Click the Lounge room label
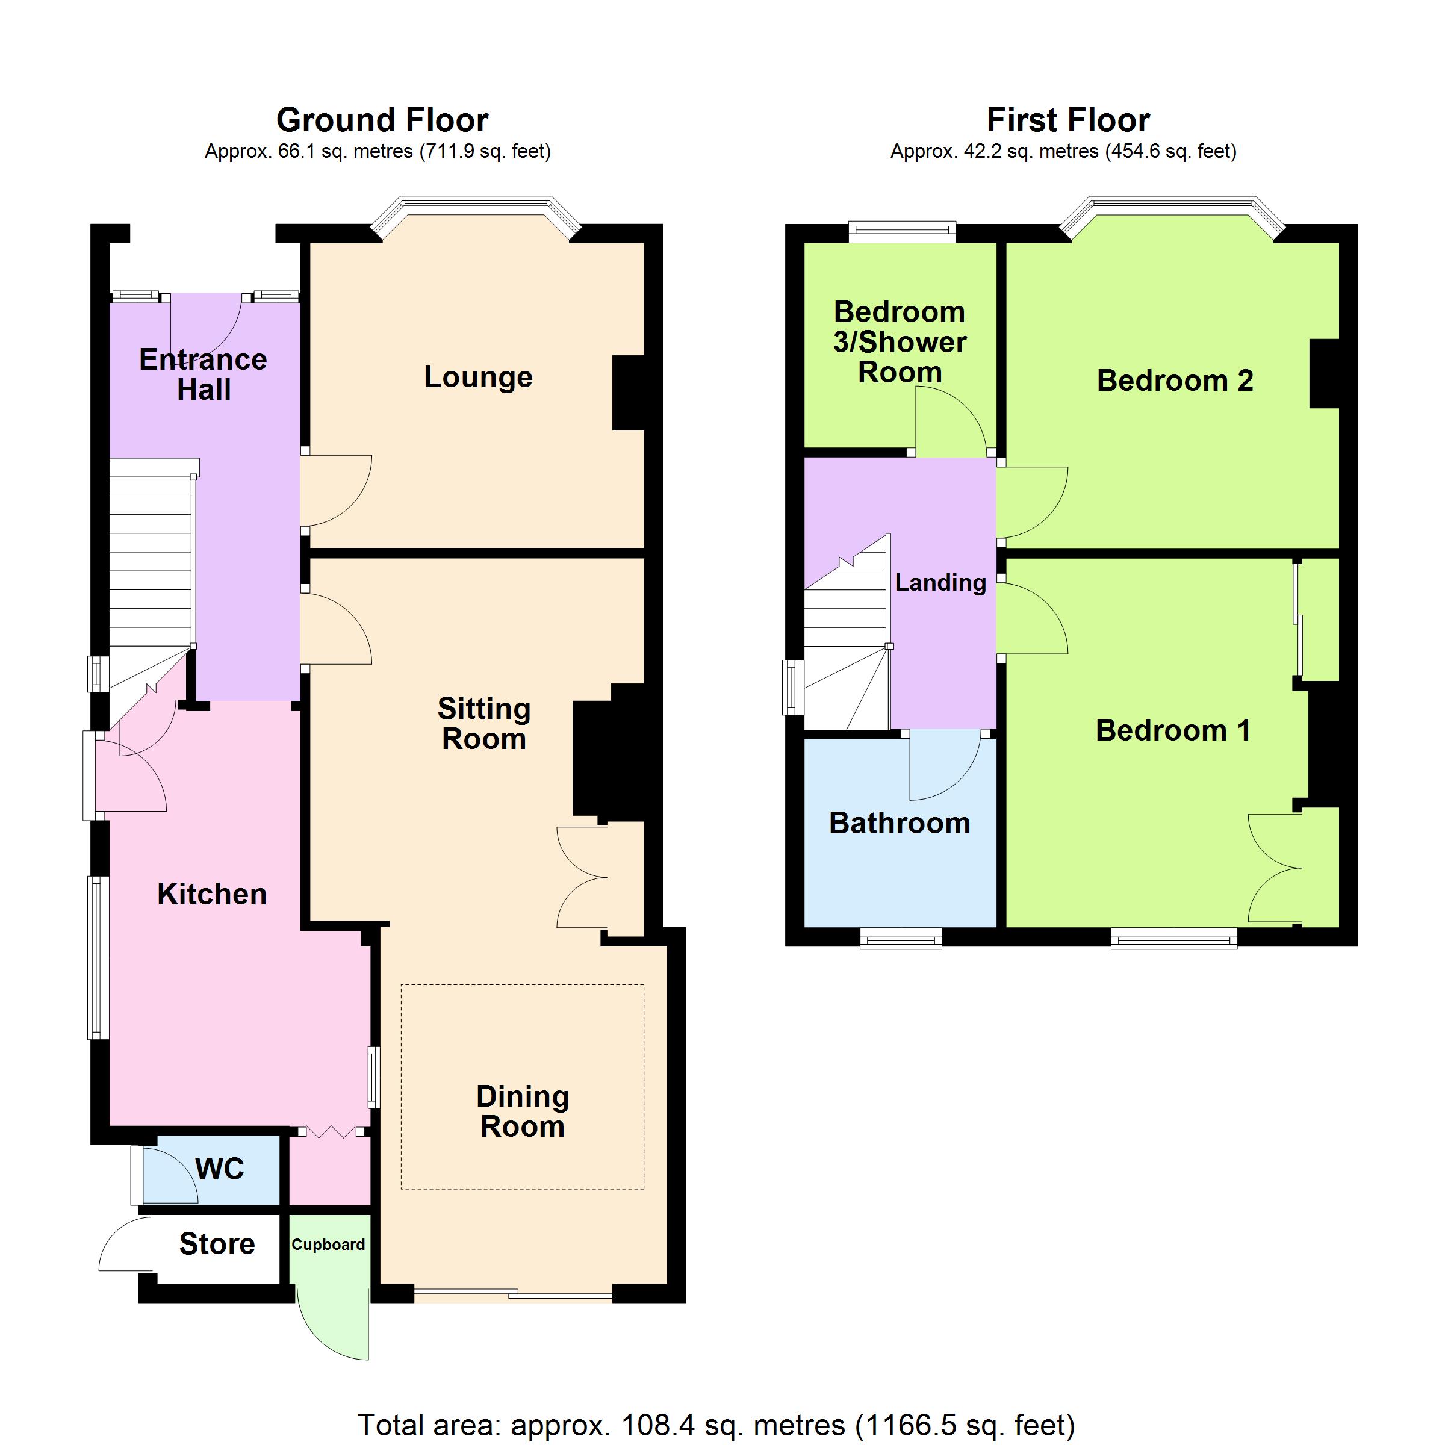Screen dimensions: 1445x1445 (x=478, y=378)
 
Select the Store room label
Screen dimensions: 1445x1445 (x=217, y=1244)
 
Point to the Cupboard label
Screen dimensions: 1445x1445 (x=328, y=1245)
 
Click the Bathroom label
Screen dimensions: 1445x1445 (x=900, y=822)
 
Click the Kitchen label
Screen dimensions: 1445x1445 (x=212, y=893)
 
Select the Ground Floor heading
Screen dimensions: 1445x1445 (x=382, y=120)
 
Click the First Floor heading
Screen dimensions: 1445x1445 (x=1068, y=120)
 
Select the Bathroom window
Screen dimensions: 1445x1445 (x=901, y=938)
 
